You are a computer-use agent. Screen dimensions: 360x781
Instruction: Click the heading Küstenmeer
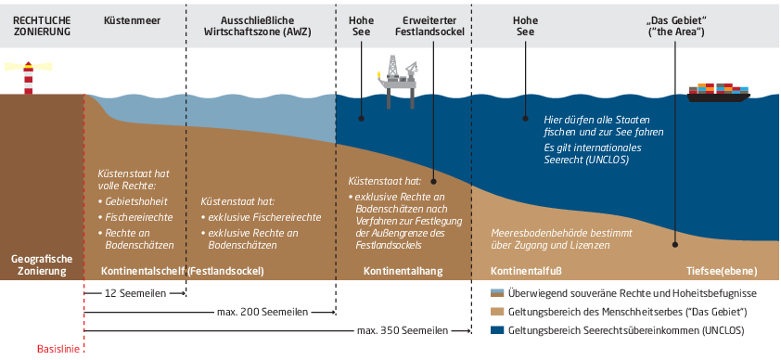[x=126, y=19]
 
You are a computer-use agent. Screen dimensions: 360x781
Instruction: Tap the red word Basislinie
[x=58, y=350]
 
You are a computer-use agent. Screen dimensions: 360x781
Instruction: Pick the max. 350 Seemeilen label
[x=402, y=330]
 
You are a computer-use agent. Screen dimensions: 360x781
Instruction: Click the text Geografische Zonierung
[x=40, y=264]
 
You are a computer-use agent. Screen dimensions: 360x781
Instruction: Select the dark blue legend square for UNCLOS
[x=496, y=329]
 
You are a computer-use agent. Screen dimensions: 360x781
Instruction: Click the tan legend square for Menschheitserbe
[x=496, y=311]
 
